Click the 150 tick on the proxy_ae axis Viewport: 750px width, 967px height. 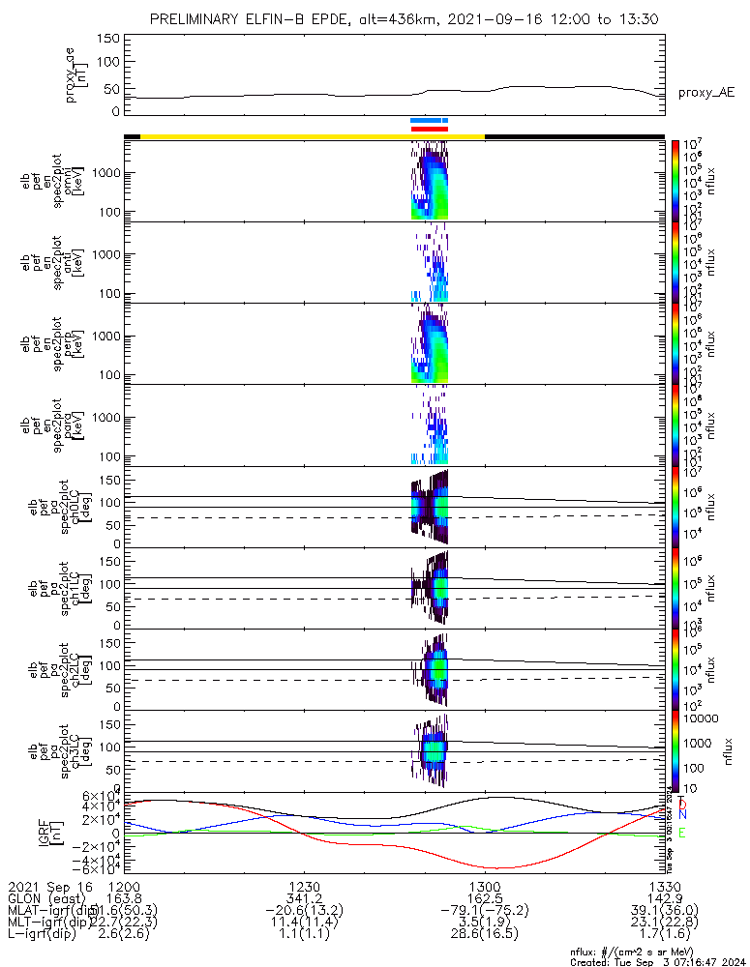(107, 39)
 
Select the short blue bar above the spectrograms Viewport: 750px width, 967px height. (429, 121)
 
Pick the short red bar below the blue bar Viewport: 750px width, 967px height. (429, 129)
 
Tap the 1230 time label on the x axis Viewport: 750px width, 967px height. (304, 886)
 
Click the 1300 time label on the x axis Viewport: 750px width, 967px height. (484, 886)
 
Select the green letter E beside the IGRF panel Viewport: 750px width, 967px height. (681, 833)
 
